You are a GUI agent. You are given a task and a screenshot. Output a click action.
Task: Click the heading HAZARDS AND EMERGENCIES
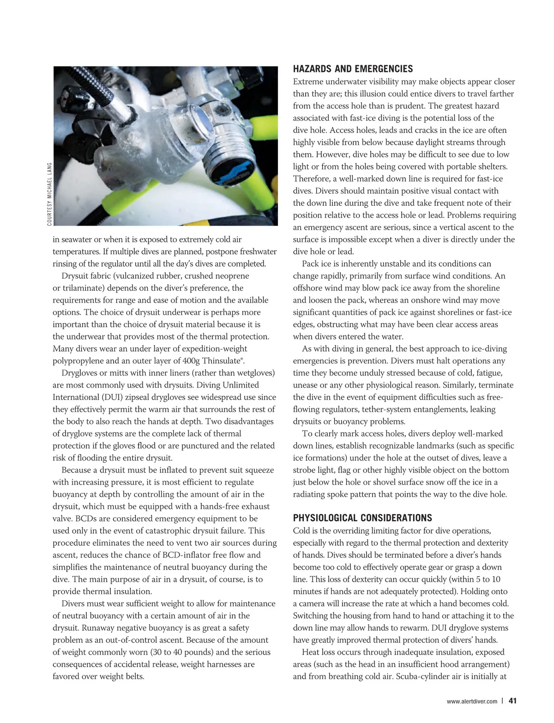353,69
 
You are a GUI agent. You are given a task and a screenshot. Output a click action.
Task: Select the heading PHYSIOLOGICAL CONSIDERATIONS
362,518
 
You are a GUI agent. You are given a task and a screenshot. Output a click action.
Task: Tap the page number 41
512,701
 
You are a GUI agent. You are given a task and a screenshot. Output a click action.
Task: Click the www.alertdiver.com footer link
472,701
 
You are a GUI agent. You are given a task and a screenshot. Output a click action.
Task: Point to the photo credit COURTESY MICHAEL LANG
49,194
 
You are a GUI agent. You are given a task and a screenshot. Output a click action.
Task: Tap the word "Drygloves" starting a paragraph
80,373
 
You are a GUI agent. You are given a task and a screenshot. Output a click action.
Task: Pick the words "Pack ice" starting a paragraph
317,264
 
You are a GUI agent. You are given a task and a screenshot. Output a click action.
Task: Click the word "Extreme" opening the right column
308,82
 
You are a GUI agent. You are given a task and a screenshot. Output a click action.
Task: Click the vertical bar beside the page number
502,701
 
